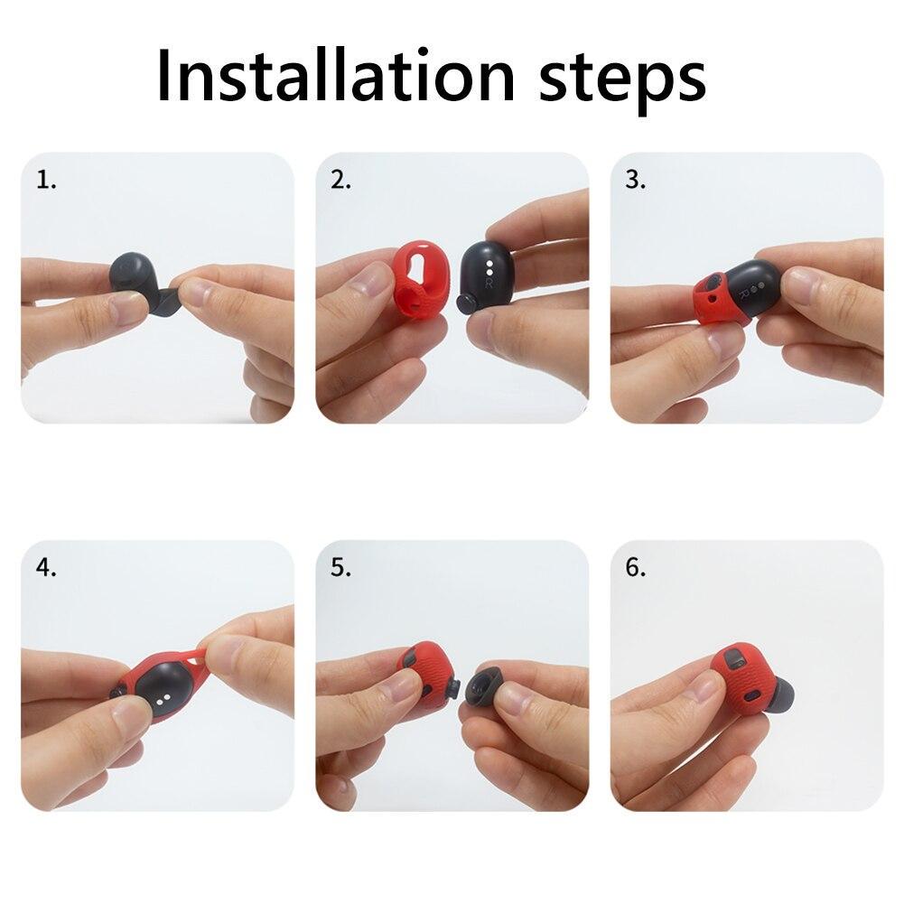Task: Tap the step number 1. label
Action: click(x=46, y=180)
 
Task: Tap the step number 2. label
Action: click(x=340, y=180)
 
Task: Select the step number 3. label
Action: click(x=636, y=180)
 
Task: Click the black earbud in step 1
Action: click(x=135, y=275)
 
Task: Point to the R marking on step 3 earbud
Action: click(x=743, y=293)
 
